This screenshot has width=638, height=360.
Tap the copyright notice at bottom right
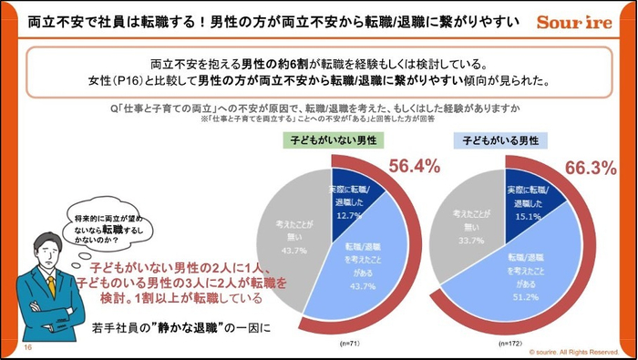571,350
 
